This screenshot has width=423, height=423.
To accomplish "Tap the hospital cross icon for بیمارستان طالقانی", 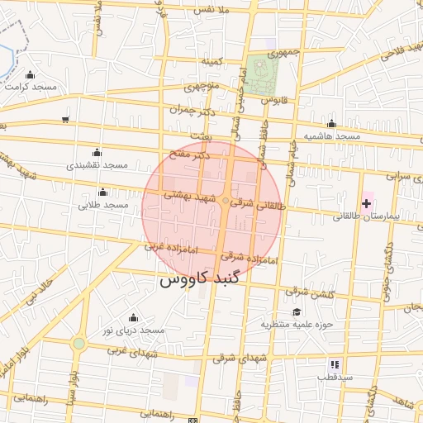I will point(366,203).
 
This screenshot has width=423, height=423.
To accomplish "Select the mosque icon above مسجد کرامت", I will point(31,74).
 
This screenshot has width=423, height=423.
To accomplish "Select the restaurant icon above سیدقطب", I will point(335,364).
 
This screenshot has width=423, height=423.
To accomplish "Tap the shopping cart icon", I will point(65,120).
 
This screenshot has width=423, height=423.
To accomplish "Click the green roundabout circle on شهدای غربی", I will point(78,343).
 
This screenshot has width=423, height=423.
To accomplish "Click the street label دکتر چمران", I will point(192,109).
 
